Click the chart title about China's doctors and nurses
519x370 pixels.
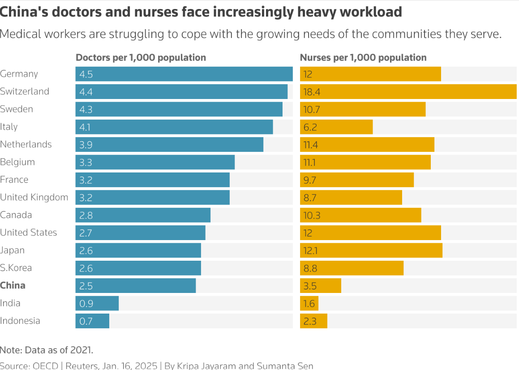(201, 12)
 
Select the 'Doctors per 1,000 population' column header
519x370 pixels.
(141, 57)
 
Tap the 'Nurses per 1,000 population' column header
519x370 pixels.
(363, 57)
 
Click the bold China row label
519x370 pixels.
(13, 285)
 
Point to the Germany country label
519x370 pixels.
(19, 74)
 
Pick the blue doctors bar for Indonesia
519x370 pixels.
(92, 321)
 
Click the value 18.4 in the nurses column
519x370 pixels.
(312, 92)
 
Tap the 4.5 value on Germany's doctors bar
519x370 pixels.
(86, 74)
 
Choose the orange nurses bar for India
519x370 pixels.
(309, 303)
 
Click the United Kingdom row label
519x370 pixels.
(34, 197)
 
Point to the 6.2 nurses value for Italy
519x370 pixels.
(310, 127)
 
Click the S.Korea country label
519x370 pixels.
(16, 268)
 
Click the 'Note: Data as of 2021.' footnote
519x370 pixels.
(47, 350)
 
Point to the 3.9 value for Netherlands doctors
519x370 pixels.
(86, 144)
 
